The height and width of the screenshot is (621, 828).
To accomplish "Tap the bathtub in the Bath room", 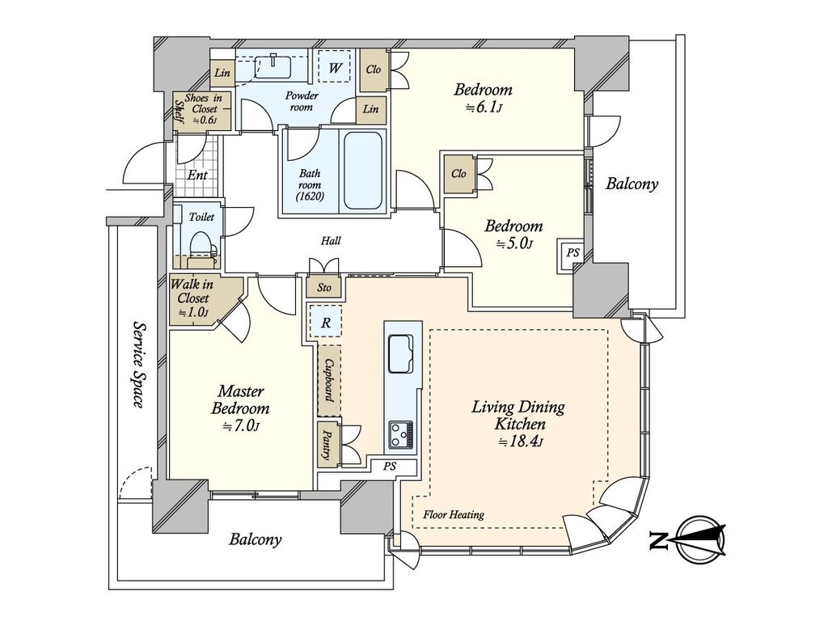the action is click(x=363, y=171).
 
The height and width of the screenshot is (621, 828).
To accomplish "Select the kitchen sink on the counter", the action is click(x=402, y=354).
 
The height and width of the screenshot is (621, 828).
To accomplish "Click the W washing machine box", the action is click(x=335, y=67).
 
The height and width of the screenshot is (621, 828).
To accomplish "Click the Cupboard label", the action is click(x=329, y=380).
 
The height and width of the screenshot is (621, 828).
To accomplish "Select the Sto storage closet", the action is click(x=324, y=287).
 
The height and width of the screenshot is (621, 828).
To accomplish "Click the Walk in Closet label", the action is click(x=191, y=298).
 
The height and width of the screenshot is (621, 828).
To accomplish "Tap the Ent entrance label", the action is click(x=197, y=175).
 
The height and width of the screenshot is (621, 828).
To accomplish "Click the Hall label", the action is click(x=331, y=241).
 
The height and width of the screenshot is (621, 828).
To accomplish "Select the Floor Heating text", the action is click(x=454, y=514).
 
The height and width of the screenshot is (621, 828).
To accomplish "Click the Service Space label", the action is click(x=137, y=365).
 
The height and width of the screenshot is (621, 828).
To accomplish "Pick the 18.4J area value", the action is click(x=522, y=442).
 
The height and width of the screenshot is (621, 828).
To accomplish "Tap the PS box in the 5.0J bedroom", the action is click(x=572, y=253).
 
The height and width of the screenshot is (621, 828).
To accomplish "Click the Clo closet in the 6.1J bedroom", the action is click(x=374, y=70).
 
